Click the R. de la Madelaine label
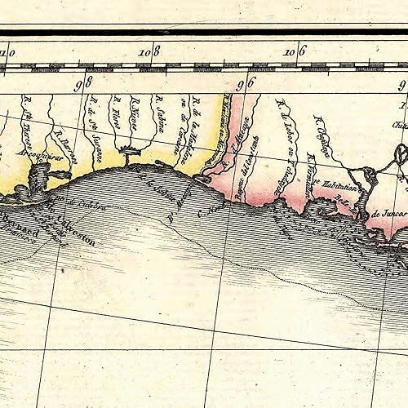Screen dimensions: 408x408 tap(196, 122)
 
